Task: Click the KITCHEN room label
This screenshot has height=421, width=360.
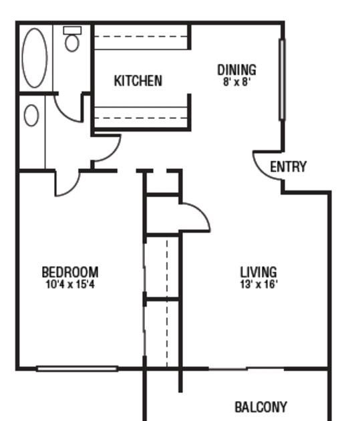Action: (138, 81)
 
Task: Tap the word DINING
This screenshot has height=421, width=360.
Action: (236, 69)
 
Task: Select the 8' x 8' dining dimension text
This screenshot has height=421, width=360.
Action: (236, 82)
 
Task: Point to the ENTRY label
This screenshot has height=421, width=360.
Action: (288, 166)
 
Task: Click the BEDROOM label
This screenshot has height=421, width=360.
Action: (70, 272)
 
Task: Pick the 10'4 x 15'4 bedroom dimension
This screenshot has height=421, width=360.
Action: (70, 284)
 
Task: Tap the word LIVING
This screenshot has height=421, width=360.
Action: (258, 272)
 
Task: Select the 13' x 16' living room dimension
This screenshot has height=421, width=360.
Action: (258, 284)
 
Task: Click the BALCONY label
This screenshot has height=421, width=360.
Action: (260, 407)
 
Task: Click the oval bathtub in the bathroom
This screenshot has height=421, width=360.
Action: (35, 57)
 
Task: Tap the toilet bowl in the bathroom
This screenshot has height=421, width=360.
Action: (72, 43)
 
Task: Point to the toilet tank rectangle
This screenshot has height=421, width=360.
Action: (72, 30)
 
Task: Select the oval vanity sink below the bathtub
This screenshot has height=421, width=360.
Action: (31, 116)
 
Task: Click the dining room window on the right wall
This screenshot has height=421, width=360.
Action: (282, 80)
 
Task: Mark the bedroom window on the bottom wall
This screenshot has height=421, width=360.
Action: (77, 369)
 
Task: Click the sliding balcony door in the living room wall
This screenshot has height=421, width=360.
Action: (246, 369)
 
